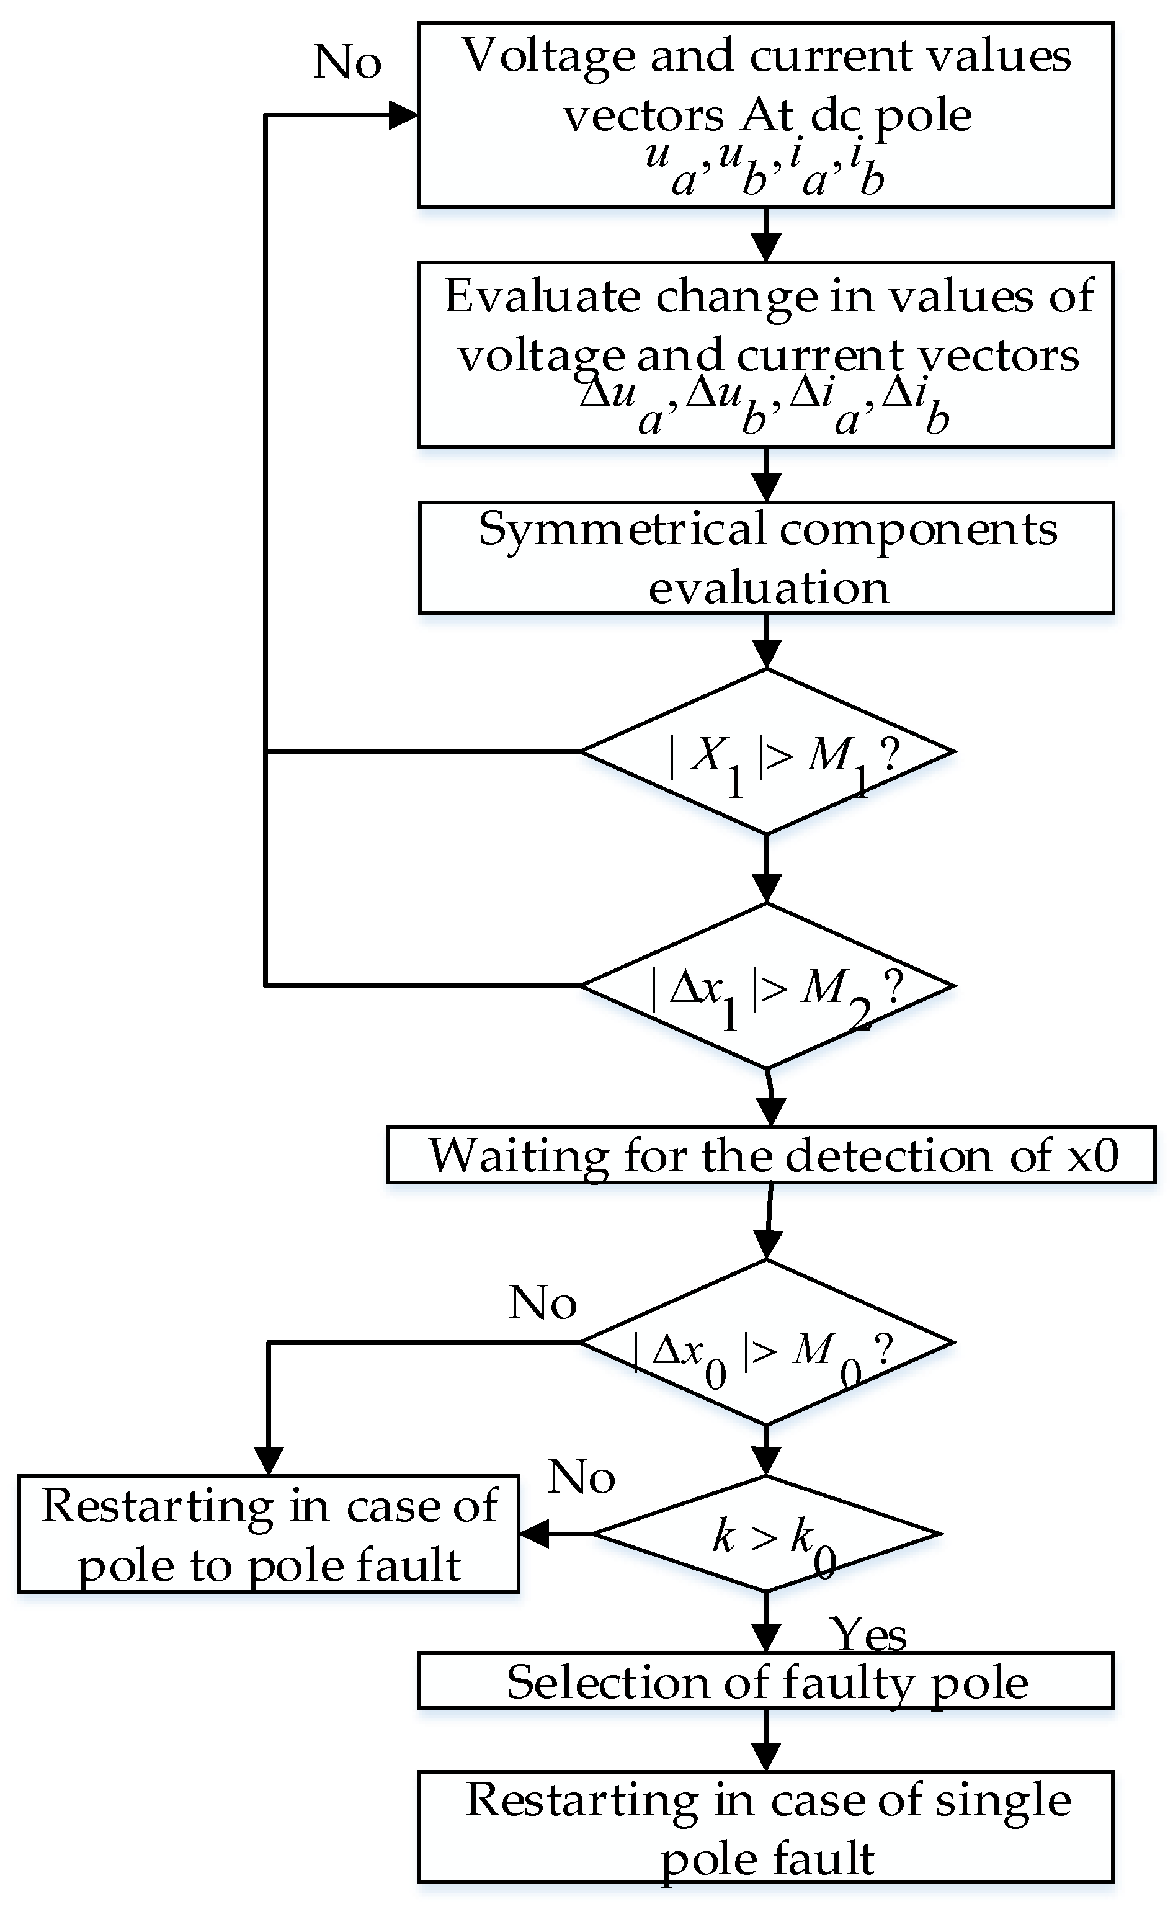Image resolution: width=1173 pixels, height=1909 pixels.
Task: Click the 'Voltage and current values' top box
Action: (x=765, y=115)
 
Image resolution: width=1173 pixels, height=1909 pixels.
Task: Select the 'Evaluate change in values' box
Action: (x=765, y=354)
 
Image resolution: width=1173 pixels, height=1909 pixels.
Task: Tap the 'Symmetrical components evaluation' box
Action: (x=765, y=558)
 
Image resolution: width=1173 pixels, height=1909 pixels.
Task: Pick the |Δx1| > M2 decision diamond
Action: (x=767, y=986)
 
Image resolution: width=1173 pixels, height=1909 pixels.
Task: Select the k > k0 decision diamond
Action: (x=767, y=1534)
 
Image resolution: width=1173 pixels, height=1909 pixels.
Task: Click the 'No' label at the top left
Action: (x=347, y=62)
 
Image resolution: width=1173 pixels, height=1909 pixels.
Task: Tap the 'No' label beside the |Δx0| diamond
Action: (x=542, y=1302)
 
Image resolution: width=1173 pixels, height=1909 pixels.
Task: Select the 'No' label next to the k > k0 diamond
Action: (x=581, y=1478)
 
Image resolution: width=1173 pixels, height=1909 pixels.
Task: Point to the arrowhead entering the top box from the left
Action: (x=403, y=115)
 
